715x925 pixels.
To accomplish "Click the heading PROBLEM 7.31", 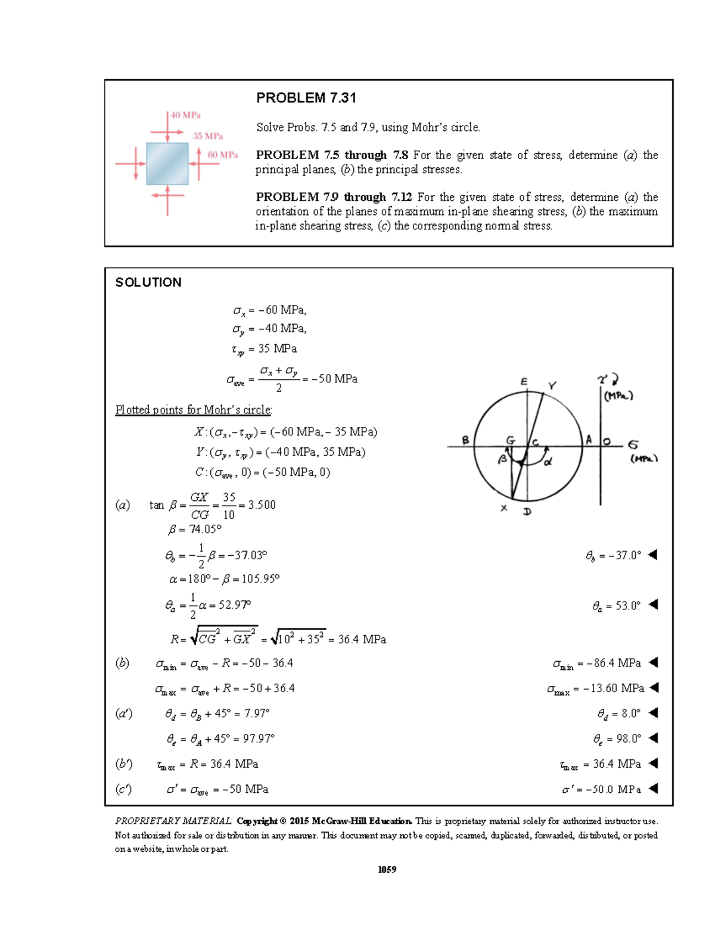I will (x=306, y=98).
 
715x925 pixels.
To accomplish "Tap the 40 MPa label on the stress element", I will (x=185, y=115).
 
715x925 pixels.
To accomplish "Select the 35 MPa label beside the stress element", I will (x=207, y=136).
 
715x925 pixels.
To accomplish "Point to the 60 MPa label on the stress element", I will (x=223, y=155).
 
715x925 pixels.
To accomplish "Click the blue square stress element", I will (x=167, y=164).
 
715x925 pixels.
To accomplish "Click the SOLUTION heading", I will (x=148, y=282).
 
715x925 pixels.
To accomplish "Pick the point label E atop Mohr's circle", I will (x=524, y=382).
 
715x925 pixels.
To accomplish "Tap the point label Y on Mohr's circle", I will (x=552, y=386).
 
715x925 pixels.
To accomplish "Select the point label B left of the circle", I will (x=465, y=440).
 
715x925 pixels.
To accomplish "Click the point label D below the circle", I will (x=527, y=512).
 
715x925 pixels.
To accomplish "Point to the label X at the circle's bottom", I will (x=504, y=508).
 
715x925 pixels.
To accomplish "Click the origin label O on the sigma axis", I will (x=607, y=441).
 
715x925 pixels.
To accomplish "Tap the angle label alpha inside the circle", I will (x=548, y=461).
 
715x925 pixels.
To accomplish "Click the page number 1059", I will (x=387, y=869).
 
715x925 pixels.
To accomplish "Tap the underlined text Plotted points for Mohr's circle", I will (x=194, y=410).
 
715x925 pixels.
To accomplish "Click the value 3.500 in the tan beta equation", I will (x=262, y=505).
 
